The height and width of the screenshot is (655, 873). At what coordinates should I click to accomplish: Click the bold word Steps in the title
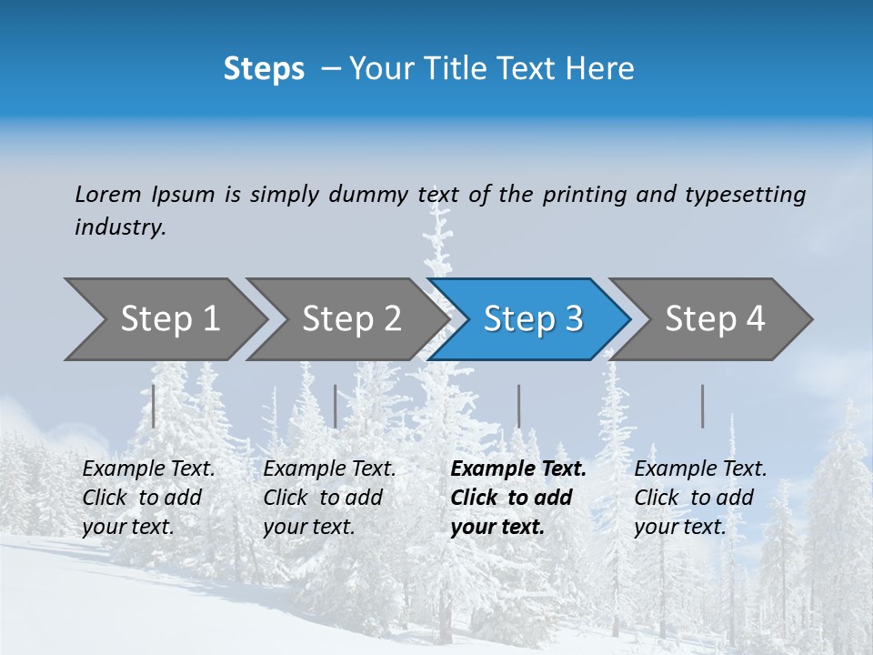pyautogui.click(x=264, y=69)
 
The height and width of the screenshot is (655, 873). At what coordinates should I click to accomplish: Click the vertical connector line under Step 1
pyautogui.click(x=154, y=406)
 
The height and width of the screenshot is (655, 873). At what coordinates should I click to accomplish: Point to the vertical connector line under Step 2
pyautogui.click(x=336, y=406)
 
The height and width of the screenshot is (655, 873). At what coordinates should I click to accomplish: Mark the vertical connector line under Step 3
pyautogui.click(x=518, y=406)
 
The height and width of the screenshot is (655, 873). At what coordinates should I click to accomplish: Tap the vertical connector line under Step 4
pyautogui.click(x=702, y=406)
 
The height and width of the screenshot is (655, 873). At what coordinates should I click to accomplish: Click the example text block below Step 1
pyautogui.click(x=148, y=498)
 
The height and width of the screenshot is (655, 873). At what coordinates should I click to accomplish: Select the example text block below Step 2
pyautogui.click(x=329, y=498)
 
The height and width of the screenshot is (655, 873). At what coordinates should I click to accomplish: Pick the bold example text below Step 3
pyautogui.click(x=518, y=498)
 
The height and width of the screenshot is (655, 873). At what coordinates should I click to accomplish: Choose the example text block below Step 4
pyautogui.click(x=700, y=498)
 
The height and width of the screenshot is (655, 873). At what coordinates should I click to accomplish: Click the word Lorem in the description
pyautogui.click(x=107, y=195)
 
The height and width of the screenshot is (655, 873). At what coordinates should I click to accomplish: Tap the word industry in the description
pyautogui.click(x=120, y=227)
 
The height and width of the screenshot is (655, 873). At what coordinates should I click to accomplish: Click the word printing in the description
pyautogui.click(x=585, y=195)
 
